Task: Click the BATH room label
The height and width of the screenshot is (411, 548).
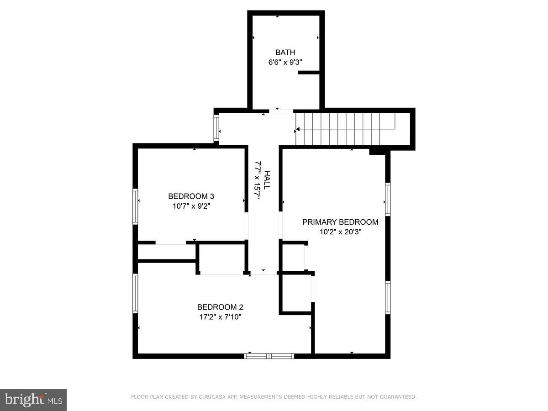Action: pyautogui.click(x=285, y=53)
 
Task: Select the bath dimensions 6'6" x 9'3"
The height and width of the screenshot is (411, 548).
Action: pyautogui.click(x=285, y=62)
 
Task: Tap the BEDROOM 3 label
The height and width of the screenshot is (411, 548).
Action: pyautogui.click(x=191, y=196)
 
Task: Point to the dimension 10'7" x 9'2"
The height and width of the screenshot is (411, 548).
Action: pyautogui.click(x=191, y=206)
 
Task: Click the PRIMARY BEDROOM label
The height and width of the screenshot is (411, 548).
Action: pyautogui.click(x=340, y=222)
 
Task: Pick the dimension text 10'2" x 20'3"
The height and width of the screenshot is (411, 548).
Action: pyautogui.click(x=340, y=232)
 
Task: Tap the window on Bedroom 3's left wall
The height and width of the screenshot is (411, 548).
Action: pyautogui.click(x=136, y=206)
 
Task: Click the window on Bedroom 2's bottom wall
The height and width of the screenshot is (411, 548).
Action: pyautogui.click(x=269, y=356)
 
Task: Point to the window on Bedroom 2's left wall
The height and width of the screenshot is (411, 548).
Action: pyautogui.click(x=136, y=293)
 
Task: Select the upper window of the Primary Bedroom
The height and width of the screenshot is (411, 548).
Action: pyautogui.click(x=388, y=199)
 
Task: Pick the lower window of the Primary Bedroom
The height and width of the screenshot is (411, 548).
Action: pyautogui.click(x=388, y=297)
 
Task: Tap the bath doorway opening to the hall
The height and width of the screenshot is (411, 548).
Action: pyautogui.click(x=280, y=111)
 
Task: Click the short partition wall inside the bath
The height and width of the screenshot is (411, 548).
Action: pyautogui.click(x=309, y=72)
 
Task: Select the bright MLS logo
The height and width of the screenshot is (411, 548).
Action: pyautogui.click(x=33, y=400)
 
